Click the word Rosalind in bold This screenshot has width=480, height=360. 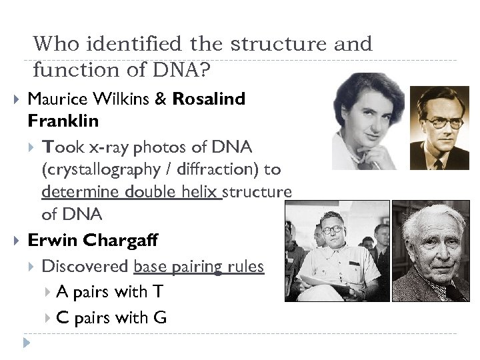(x=209, y=99)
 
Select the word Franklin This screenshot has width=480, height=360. (x=63, y=121)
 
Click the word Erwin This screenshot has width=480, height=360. (x=51, y=241)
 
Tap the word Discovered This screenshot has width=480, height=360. (x=85, y=267)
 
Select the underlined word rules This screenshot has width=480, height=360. (x=245, y=267)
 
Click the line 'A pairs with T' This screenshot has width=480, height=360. (x=109, y=292)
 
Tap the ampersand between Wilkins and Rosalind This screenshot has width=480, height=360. (x=161, y=99)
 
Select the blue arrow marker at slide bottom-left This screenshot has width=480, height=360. (x=26, y=344)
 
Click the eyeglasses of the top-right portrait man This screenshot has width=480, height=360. (x=443, y=123)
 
